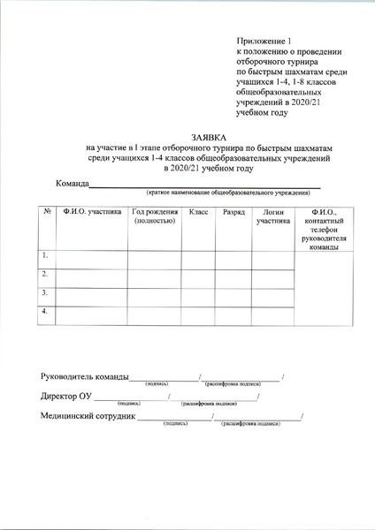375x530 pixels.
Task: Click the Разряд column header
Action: (233, 213)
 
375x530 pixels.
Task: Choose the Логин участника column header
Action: (272, 217)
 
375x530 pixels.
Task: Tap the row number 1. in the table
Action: (45, 255)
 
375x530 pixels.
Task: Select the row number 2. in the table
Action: (45, 275)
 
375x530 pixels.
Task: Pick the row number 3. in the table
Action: (45, 292)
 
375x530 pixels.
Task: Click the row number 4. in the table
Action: (45, 312)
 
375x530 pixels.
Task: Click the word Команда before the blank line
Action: (73, 183)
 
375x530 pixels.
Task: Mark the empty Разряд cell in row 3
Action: (233, 294)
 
